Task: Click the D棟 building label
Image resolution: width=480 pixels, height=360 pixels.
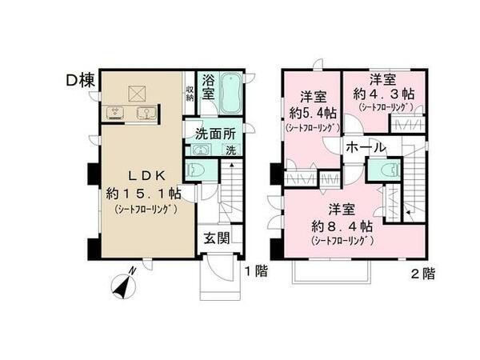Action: coord(82,80)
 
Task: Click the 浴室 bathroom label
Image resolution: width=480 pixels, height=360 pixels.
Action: coord(207,86)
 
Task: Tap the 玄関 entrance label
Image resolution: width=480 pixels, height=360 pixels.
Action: coord(214,238)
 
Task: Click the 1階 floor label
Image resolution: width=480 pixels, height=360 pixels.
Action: coord(255,271)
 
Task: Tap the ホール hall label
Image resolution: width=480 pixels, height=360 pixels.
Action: coord(366,147)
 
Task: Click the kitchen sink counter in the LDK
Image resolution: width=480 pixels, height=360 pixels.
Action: coord(127,113)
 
